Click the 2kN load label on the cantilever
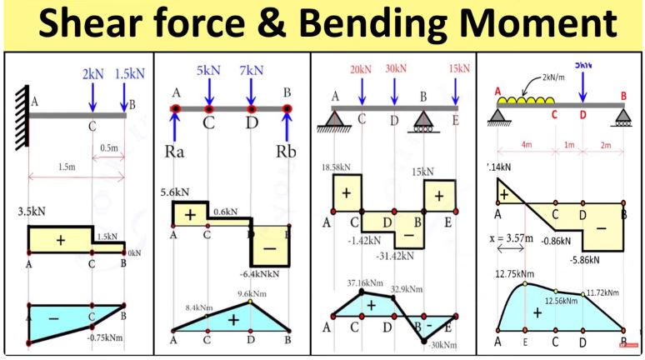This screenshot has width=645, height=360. click(92, 74)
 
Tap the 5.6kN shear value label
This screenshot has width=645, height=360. click(175, 192)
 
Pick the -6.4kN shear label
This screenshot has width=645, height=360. click(262, 272)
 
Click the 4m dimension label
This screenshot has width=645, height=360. click(525, 145)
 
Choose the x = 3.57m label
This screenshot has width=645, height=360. click(510, 237)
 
